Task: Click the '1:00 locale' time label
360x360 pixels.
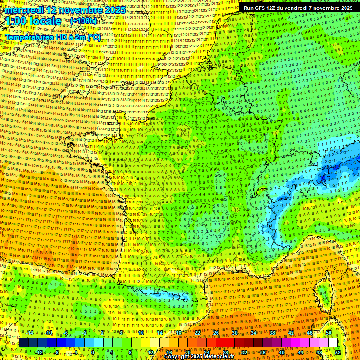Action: point(33,22)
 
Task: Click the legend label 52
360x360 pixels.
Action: point(338,352)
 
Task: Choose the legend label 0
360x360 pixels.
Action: point(93,352)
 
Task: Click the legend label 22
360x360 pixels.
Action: point(197,333)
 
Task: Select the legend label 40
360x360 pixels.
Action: point(282,352)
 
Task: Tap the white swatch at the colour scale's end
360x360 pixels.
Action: point(333,343)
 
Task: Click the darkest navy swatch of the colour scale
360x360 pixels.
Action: point(23,343)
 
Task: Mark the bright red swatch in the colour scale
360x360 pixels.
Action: point(220,343)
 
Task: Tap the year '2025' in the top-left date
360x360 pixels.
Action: point(114,10)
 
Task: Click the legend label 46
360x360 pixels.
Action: point(310,333)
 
